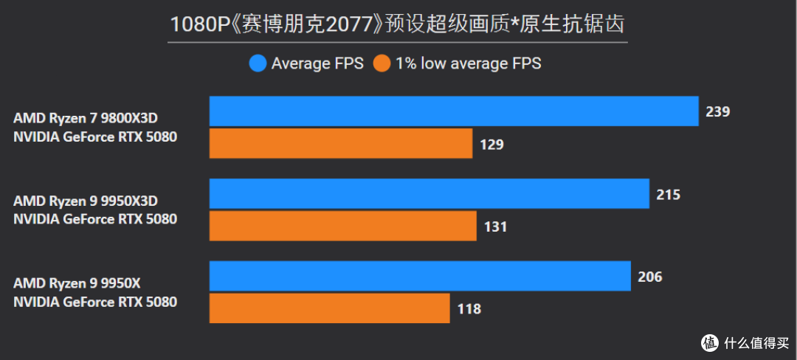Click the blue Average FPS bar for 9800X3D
pos(454,111)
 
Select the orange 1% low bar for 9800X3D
pos(341,144)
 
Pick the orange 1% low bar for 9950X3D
pos(343,226)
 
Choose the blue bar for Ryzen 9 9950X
pos(420,276)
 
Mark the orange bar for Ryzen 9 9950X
pos(330,308)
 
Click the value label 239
pos(717,112)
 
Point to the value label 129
pos(491,145)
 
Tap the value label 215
pos(668,195)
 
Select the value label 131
pos(495,227)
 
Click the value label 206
pos(649,277)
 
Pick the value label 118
pos(469,309)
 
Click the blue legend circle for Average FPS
pos(258,64)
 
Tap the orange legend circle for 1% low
pos(382,64)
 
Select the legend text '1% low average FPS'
pos(468,64)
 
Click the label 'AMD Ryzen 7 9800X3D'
pos(86,118)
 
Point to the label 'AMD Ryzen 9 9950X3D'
pos(86,201)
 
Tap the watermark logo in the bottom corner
pos(710,342)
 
